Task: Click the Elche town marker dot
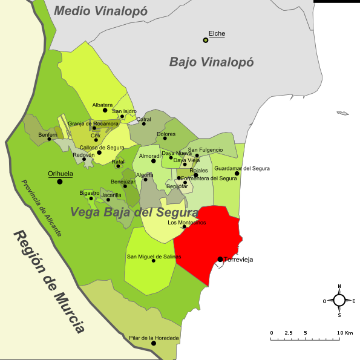[x=206, y=40]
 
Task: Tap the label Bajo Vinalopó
[x=211, y=62]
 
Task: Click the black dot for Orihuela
[x=59, y=182]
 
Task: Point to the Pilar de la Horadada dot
[x=154, y=343]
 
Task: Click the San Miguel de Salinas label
[x=154, y=257]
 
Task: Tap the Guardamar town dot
[x=237, y=174]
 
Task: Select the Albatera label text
[x=102, y=105]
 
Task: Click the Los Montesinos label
[x=186, y=223]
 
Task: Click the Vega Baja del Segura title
[x=134, y=212]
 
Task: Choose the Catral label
[x=143, y=119]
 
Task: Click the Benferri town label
[x=48, y=134]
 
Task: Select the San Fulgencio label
[x=205, y=149]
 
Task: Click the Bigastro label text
[x=90, y=192]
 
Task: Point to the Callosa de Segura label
[x=102, y=147]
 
